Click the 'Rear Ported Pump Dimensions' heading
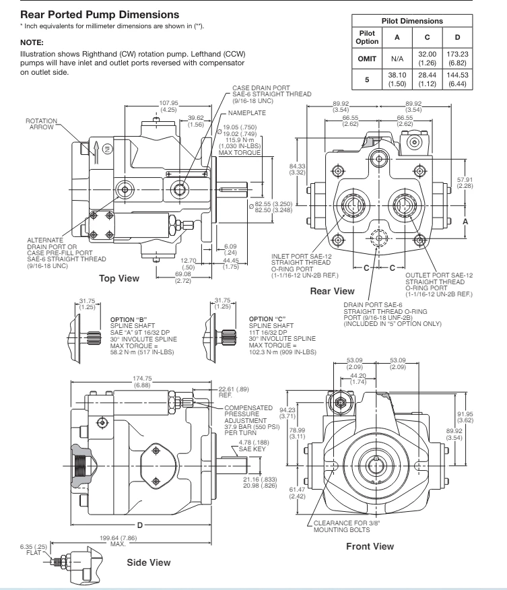(x=100, y=15)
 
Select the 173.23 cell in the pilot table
(x=457, y=54)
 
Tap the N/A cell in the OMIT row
(x=397, y=59)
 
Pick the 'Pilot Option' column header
(x=367, y=37)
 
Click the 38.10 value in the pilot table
(x=397, y=75)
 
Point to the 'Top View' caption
(x=119, y=278)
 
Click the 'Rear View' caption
(x=332, y=291)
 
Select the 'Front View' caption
(x=370, y=546)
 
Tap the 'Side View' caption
(x=149, y=562)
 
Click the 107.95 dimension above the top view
(x=168, y=103)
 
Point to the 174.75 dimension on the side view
(x=142, y=379)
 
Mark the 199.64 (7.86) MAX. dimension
(x=118, y=541)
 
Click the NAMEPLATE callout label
(x=246, y=113)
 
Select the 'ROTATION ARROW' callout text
(x=41, y=124)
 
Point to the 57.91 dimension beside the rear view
(x=465, y=180)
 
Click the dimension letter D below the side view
(x=140, y=525)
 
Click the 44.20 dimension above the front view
(x=358, y=376)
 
